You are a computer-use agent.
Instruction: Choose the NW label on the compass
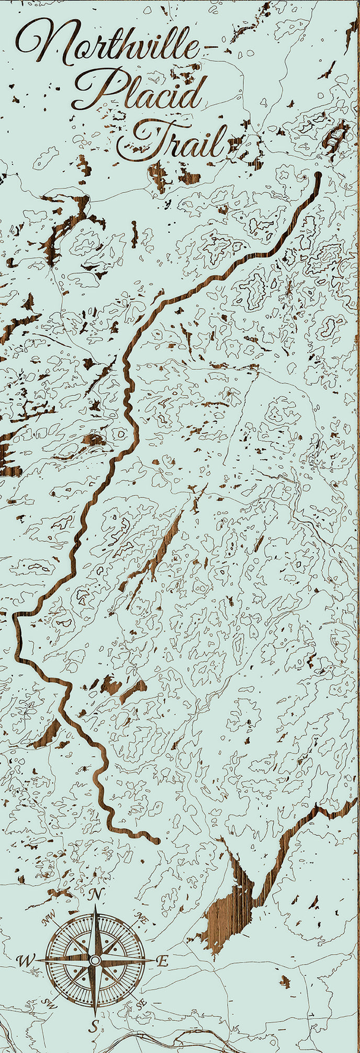pos(50,915)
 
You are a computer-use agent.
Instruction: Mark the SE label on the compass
pos(140,1004)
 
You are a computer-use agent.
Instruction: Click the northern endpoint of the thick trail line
pos(317,174)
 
